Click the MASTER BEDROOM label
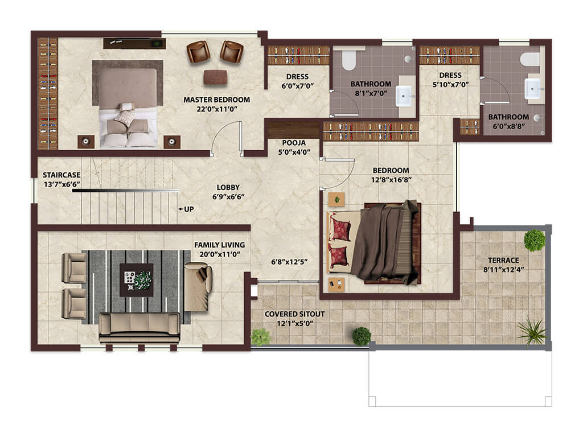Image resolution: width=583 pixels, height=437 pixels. click(x=217, y=100)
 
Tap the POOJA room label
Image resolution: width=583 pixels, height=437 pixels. click(x=294, y=143)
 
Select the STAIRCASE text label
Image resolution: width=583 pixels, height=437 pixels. click(x=61, y=175)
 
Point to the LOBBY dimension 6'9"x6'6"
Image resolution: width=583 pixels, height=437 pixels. click(x=228, y=196)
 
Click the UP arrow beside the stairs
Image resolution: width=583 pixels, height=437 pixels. click(x=181, y=209)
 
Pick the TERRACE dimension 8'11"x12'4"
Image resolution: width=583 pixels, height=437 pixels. click(x=503, y=269)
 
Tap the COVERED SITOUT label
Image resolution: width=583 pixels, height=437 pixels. click(x=294, y=314)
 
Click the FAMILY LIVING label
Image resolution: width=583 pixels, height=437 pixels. click(x=219, y=245)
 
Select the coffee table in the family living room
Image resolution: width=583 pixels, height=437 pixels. click(x=137, y=280)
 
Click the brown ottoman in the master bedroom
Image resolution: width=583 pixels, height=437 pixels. click(x=215, y=77)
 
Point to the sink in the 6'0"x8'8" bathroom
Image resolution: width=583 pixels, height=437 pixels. click(x=532, y=89)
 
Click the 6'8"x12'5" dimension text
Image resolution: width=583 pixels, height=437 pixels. click(x=289, y=262)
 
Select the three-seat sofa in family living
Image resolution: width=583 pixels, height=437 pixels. click(x=139, y=327)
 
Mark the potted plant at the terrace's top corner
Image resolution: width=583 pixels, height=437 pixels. click(x=535, y=240)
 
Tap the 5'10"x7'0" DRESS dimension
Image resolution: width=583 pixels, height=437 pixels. click(x=450, y=85)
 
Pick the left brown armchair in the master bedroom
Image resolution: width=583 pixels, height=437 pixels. click(x=198, y=52)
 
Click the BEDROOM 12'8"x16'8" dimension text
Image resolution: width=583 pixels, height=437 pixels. click(x=391, y=180)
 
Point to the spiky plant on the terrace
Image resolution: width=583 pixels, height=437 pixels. click(x=532, y=331)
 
